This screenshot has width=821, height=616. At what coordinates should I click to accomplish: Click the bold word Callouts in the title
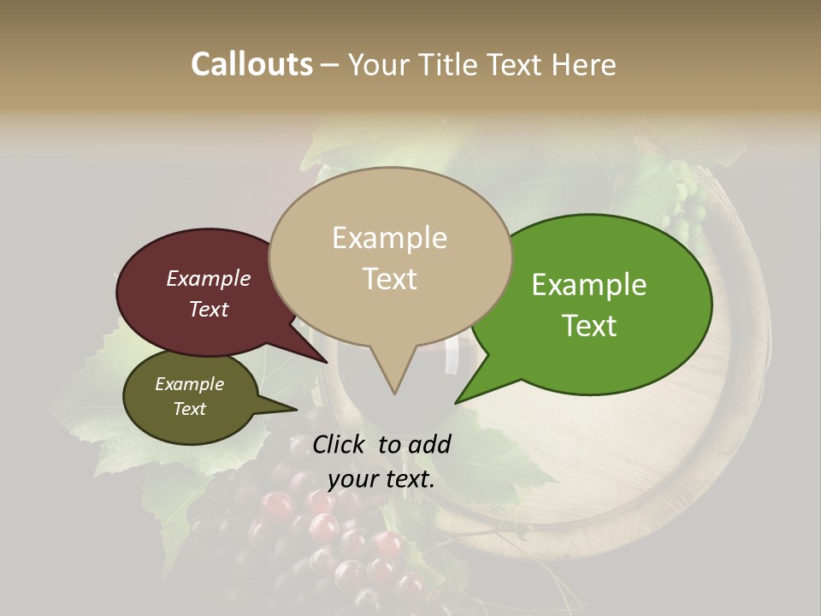(x=251, y=64)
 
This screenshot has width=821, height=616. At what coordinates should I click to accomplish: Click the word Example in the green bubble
(x=589, y=285)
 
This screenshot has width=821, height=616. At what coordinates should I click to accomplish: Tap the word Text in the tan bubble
(x=390, y=279)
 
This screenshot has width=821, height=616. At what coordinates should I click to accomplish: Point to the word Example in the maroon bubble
(x=209, y=279)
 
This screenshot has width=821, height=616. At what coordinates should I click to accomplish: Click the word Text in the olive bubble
(x=190, y=409)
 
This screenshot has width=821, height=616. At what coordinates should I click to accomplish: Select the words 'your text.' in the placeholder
(x=381, y=479)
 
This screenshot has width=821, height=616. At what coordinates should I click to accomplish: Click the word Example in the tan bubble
(x=390, y=238)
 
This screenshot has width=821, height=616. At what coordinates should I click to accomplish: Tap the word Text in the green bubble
(x=590, y=326)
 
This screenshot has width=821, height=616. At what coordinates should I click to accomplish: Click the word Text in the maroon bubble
(x=209, y=310)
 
